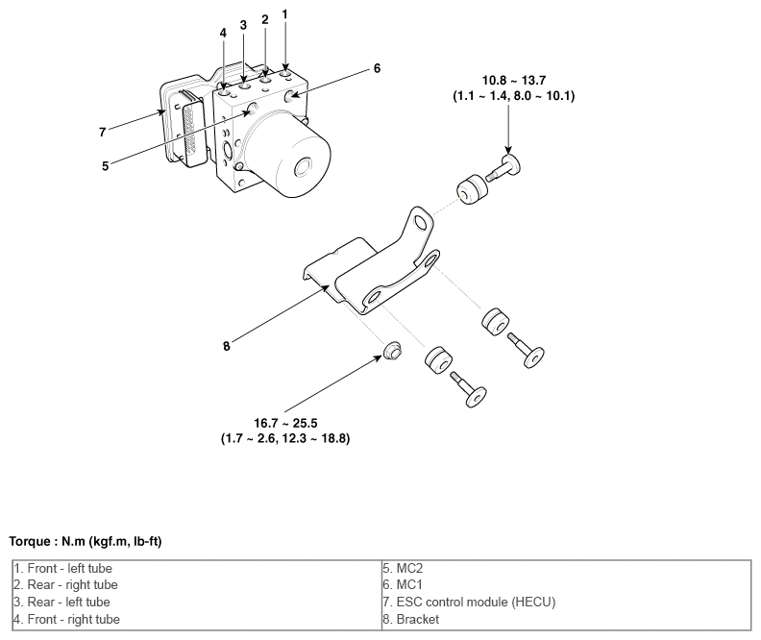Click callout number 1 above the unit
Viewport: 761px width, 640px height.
click(x=285, y=13)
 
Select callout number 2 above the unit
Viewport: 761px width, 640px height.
click(x=264, y=19)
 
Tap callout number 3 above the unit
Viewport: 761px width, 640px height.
click(x=243, y=24)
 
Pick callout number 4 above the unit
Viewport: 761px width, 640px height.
click(x=223, y=32)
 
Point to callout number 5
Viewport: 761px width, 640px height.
click(x=105, y=164)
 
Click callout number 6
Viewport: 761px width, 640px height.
click(x=377, y=68)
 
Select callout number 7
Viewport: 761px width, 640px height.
click(x=101, y=132)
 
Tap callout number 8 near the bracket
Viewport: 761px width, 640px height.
click(x=227, y=346)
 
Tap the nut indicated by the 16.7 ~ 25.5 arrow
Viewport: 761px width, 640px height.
click(x=391, y=352)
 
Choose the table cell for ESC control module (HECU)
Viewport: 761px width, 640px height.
click(x=468, y=603)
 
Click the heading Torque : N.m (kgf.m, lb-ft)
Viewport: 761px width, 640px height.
click(x=85, y=542)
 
